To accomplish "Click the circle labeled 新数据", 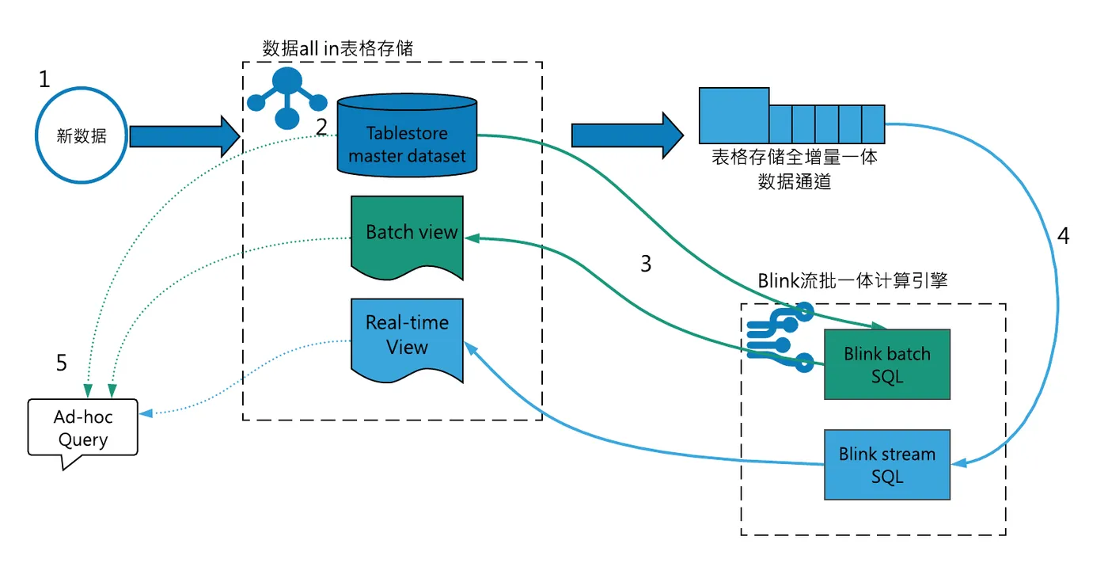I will pos(82,135).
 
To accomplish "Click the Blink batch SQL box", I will pos(886,364).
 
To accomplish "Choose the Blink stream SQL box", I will pos(886,465).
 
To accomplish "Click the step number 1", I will pos(44,79).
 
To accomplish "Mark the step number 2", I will pos(321,126).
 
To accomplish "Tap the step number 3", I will pos(646,264).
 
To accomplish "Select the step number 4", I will pos(1063,236).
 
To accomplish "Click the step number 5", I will pos(62,363).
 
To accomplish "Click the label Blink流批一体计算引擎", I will pos(852,281).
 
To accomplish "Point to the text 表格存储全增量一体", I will pos(794,157).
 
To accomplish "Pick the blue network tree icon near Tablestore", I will pos(286,97).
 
